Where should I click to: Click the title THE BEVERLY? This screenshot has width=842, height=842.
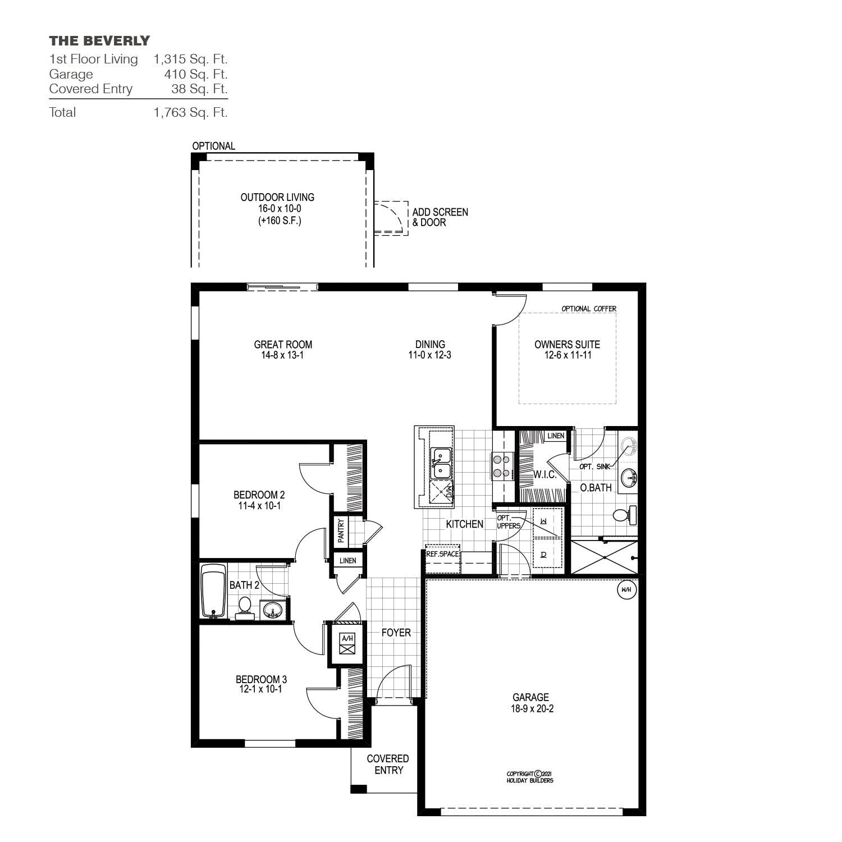click(x=99, y=40)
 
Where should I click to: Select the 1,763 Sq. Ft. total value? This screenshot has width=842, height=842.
click(x=190, y=112)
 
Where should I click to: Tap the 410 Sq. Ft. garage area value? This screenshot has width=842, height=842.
click(x=195, y=74)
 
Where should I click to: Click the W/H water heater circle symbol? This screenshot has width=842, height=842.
click(x=626, y=590)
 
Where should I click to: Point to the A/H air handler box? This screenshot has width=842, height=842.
click(x=348, y=644)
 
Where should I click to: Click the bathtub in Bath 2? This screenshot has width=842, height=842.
click(x=213, y=593)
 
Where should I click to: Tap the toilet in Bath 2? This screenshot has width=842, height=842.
click(x=245, y=607)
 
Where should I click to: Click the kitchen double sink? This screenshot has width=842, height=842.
click(x=441, y=463)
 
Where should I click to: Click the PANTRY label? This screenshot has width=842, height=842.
click(x=341, y=530)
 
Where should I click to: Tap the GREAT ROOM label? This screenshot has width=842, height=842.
click(x=283, y=345)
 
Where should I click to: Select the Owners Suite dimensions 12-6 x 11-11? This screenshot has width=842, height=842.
click(x=568, y=355)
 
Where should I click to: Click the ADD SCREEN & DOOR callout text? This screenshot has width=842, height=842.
click(x=440, y=217)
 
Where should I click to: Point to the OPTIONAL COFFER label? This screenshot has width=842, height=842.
click(x=589, y=309)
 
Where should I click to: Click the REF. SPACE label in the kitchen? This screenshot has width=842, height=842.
click(x=442, y=553)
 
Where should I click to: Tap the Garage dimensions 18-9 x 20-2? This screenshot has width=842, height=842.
click(x=532, y=709)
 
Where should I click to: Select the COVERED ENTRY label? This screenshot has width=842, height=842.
click(x=388, y=765)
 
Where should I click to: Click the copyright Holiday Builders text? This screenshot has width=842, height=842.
click(x=529, y=777)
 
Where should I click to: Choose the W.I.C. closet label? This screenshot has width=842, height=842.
click(x=544, y=475)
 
